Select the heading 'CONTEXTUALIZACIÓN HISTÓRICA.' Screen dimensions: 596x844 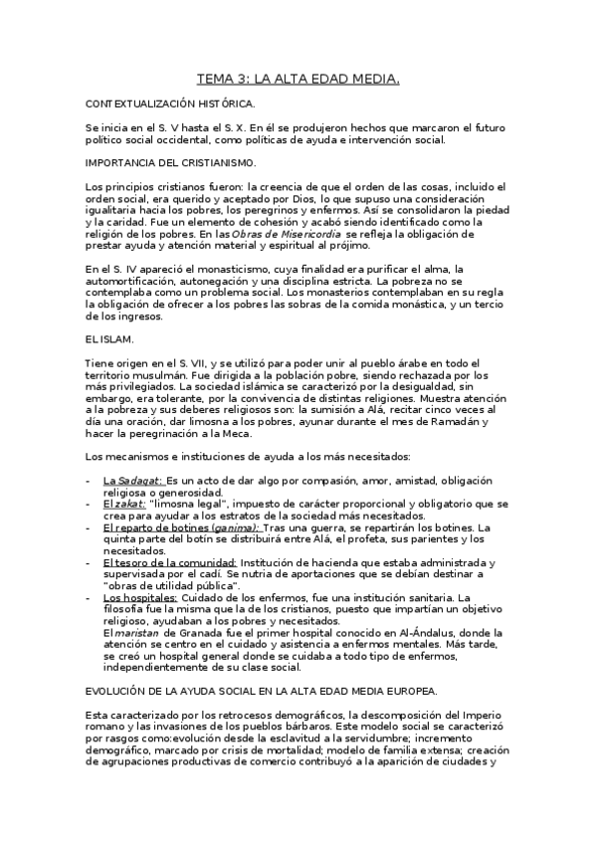point(170,104)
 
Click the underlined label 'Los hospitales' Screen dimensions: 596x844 point(140,598)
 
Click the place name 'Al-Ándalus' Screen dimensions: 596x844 point(467,633)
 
